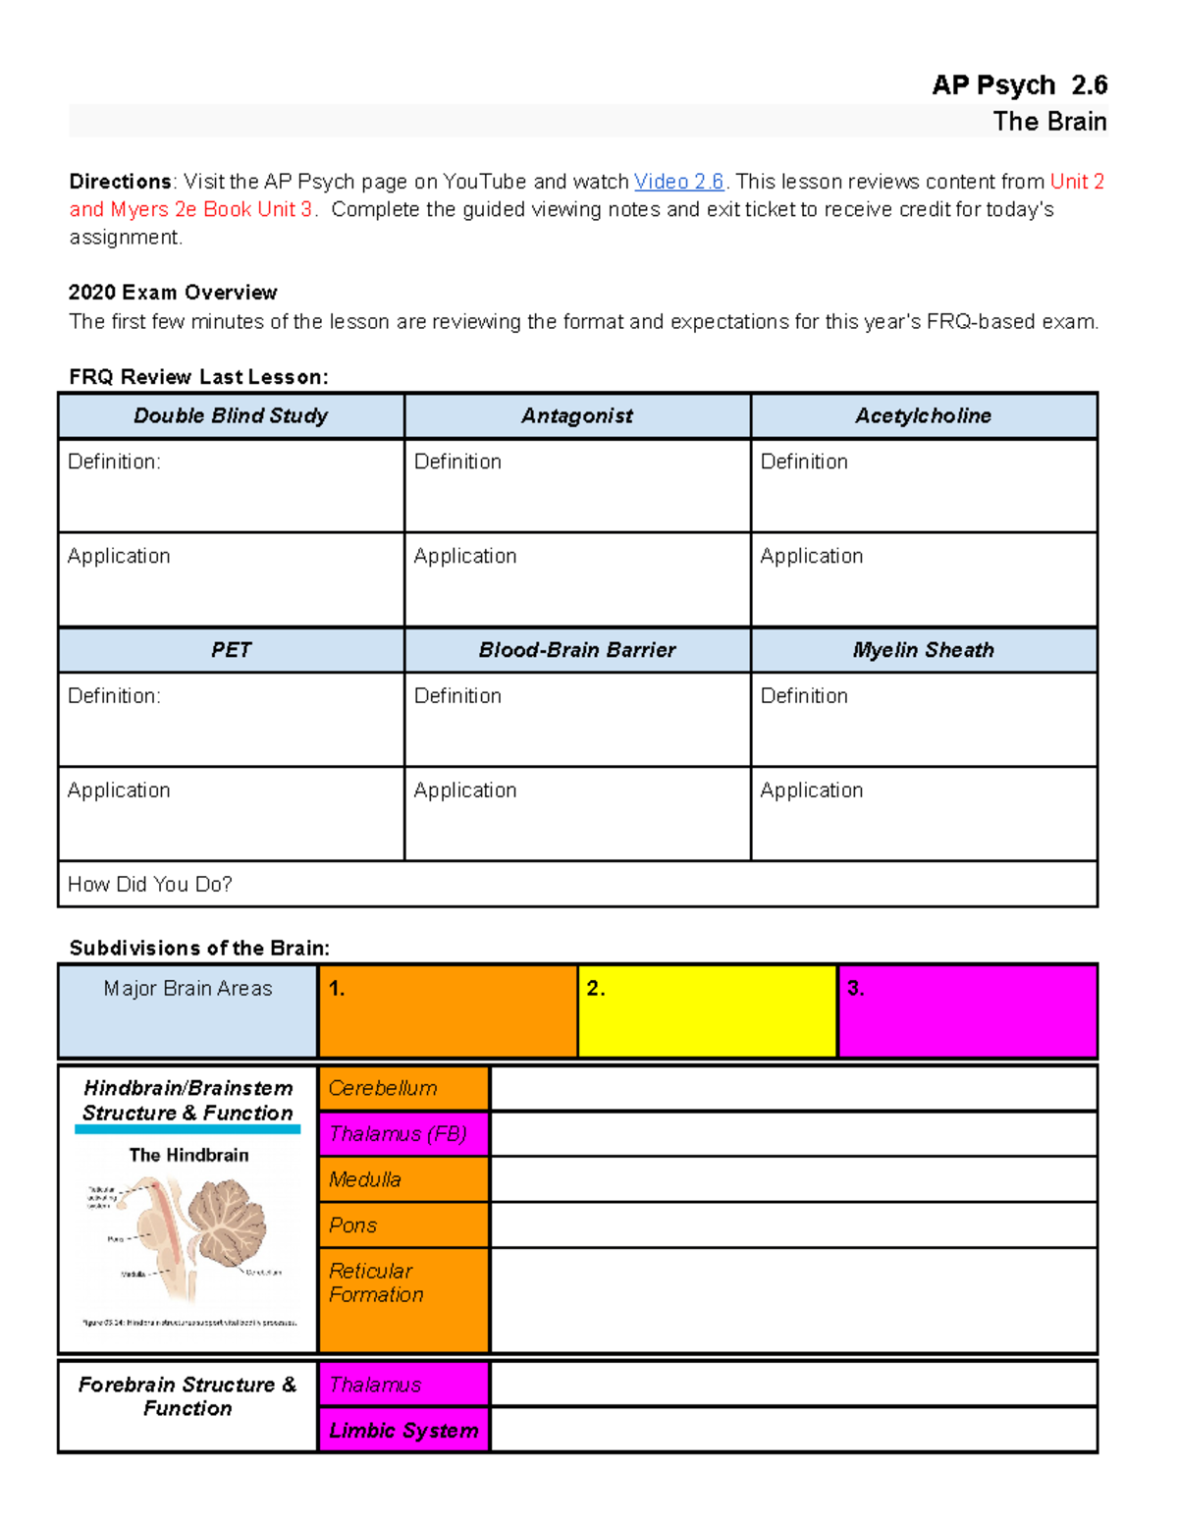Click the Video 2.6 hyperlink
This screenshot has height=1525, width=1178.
[x=678, y=182]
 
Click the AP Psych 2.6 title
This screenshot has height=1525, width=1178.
[x=1019, y=85]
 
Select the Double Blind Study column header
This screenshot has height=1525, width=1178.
[x=231, y=415]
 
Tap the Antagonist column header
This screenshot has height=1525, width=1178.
[x=577, y=415]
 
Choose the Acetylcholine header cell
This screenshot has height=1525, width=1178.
[x=923, y=415]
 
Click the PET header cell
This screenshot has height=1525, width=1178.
[x=231, y=650]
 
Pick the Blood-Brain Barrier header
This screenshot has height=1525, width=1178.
[x=577, y=650]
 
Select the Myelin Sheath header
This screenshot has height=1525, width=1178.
[x=923, y=650]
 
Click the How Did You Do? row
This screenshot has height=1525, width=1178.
[x=577, y=884]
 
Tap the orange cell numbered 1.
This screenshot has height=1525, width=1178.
[x=448, y=1010]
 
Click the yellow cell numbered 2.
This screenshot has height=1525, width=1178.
[x=707, y=1010]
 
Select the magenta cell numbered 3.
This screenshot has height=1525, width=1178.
[x=967, y=1010]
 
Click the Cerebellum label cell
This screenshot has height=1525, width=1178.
[x=403, y=1088]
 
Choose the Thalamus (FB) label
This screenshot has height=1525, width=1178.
[x=403, y=1134]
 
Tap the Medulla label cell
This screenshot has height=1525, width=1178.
[x=403, y=1179]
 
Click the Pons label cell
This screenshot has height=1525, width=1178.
[x=403, y=1225]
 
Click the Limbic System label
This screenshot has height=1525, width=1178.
[x=403, y=1430]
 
